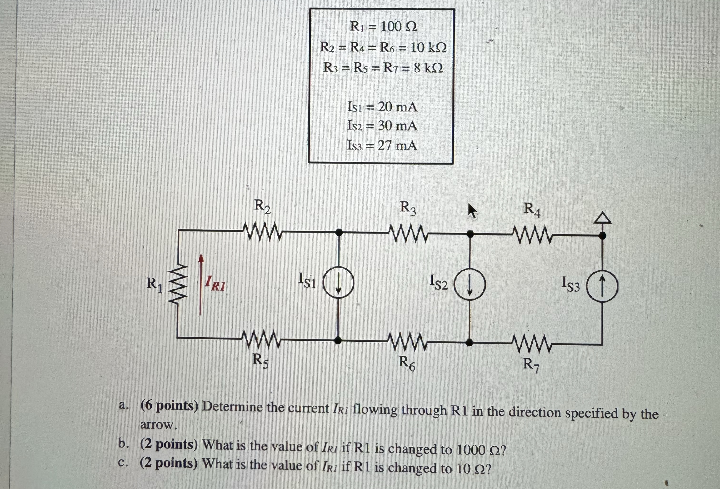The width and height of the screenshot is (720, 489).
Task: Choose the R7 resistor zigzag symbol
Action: pos(532,343)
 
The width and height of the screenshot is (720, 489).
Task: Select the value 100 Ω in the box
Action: pos(398,27)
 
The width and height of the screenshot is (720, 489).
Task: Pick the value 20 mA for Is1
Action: pos(397,107)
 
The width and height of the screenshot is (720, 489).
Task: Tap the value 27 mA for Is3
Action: pos(397,145)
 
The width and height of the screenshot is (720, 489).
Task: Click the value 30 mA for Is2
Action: pos(397,126)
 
